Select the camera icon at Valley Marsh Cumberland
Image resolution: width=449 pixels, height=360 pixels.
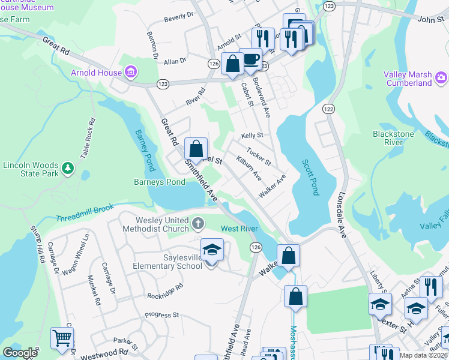coord(441,77)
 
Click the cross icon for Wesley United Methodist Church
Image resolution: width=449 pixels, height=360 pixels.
coord(198,224)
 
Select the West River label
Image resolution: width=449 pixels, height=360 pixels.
coord(240,229)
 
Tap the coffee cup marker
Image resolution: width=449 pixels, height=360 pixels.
coord(251,59)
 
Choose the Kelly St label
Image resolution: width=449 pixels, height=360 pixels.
coord(252,136)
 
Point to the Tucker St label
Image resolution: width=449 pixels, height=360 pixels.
coord(259,158)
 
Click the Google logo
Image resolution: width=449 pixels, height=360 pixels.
coord(20,353)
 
